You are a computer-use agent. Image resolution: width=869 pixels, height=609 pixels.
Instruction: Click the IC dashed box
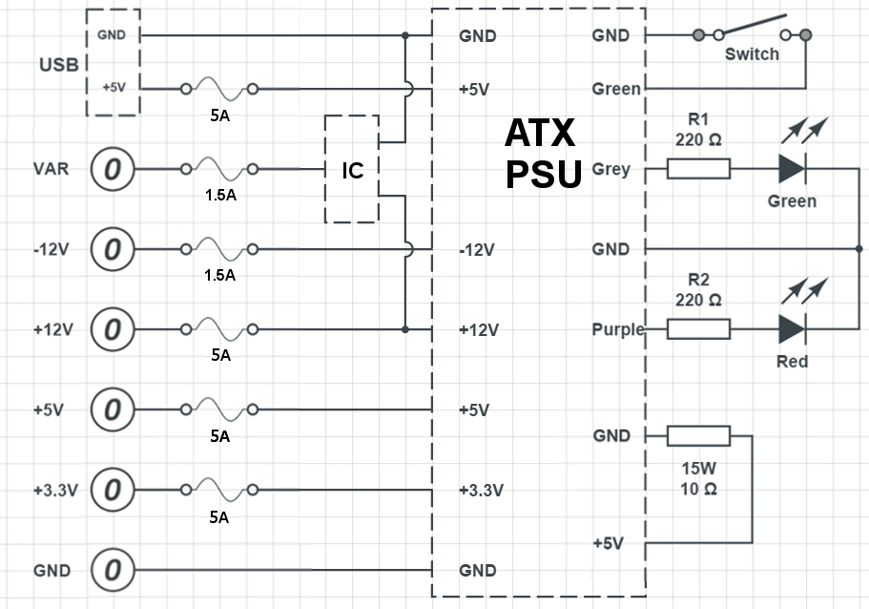(352, 170)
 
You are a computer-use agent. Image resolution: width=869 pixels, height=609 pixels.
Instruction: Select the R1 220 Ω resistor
(698, 169)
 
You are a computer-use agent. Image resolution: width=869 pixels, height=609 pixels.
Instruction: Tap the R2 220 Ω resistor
(698, 329)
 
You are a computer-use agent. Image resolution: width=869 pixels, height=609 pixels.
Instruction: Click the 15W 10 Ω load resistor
(698, 436)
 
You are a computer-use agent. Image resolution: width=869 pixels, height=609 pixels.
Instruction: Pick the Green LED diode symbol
(791, 169)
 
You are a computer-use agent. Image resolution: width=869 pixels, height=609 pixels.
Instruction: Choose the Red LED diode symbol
(791, 329)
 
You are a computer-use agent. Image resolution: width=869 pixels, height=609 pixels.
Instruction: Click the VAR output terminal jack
(113, 170)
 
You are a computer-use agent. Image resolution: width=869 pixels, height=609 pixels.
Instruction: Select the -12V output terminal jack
(113, 250)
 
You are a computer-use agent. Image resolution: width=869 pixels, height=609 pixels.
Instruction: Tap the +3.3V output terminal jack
(113, 491)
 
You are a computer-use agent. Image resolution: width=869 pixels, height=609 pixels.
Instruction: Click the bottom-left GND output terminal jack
(113, 571)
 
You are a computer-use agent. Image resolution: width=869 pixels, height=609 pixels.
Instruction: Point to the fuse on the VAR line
(218, 170)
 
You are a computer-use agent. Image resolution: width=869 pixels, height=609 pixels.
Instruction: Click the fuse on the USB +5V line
(218, 90)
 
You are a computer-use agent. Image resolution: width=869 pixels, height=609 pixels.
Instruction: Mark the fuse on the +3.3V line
(218, 491)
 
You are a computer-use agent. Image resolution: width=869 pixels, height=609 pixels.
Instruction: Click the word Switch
(752, 54)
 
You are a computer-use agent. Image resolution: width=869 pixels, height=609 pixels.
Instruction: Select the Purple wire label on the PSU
(617, 330)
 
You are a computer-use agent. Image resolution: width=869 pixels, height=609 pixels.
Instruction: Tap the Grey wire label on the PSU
(610, 170)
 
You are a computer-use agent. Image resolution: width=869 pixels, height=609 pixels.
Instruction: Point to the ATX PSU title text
(541, 155)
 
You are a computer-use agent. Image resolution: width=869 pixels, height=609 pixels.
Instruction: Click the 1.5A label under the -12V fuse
(219, 275)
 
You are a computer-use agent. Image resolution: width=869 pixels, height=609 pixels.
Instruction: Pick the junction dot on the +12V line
(405, 329)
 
